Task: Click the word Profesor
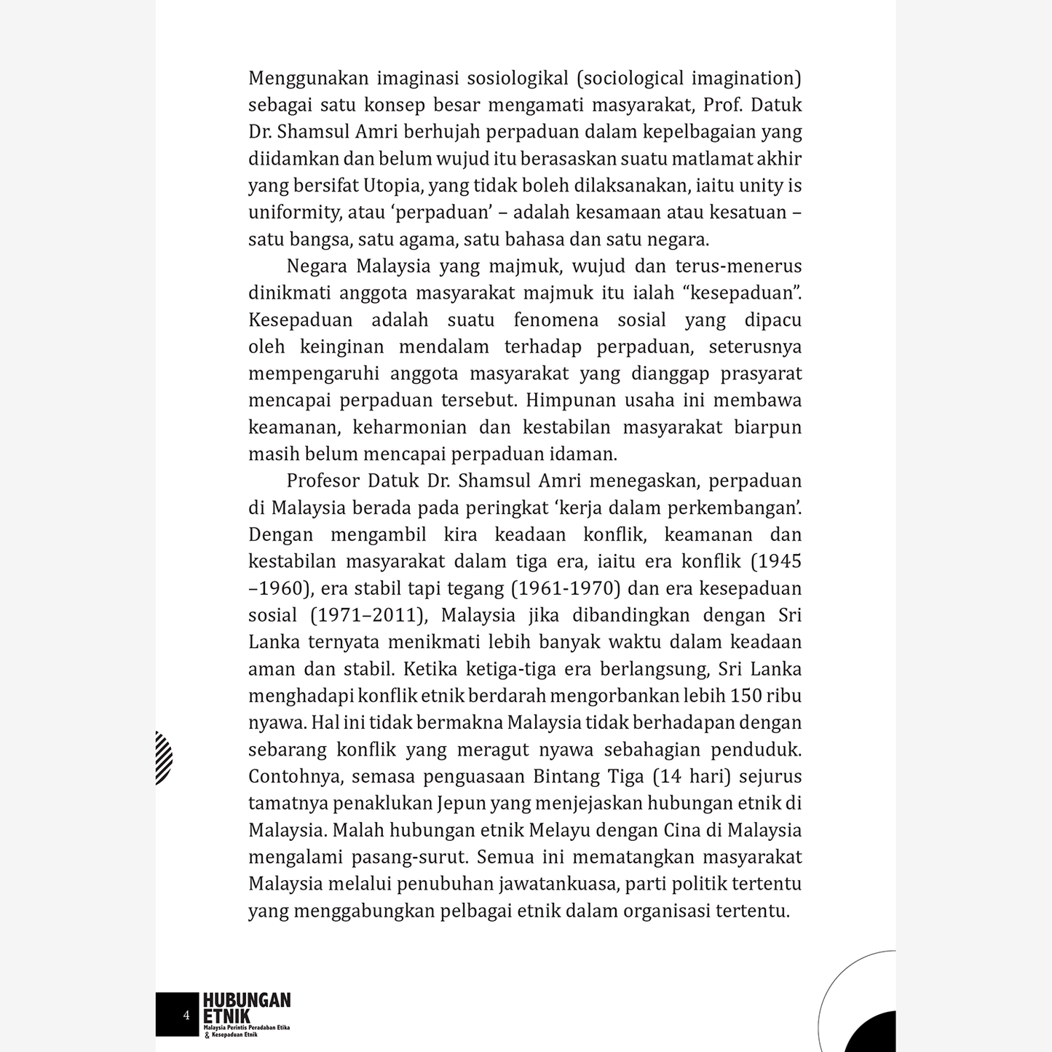(x=323, y=480)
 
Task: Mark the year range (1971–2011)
(x=369, y=615)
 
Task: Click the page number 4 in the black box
(x=186, y=1015)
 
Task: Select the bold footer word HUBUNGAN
(x=247, y=1000)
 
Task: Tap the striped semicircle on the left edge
(x=164, y=758)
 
